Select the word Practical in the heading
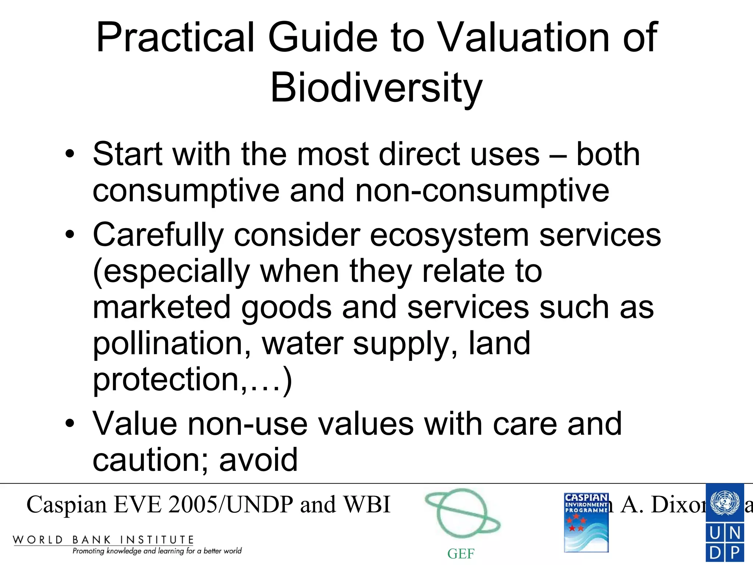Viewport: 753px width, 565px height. point(175,38)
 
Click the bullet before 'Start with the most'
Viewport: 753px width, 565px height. point(69,154)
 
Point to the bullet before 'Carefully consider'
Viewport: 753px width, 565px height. point(69,234)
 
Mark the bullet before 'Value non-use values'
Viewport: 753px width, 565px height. point(69,423)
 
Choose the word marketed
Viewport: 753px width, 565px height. point(162,308)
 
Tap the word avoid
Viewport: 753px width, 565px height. point(258,460)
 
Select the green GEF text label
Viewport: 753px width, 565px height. point(461,554)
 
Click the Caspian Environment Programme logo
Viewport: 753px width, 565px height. point(586,522)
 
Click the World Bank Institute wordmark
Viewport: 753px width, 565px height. point(103,540)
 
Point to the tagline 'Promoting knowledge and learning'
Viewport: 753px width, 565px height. point(157,551)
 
